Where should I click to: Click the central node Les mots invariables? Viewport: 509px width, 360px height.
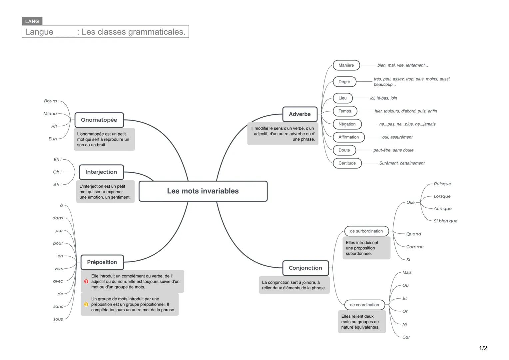tap(203, 191)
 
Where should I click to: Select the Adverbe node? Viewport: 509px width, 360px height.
tap(300, 114)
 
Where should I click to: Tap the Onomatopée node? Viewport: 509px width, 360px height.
tap(99, 120)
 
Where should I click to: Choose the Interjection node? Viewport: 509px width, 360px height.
tap(101, 172)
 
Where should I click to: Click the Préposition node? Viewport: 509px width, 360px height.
tap(102, 262)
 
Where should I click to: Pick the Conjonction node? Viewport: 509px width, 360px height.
tap(305, 268)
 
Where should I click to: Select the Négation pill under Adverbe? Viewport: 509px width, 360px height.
tap(347, 124)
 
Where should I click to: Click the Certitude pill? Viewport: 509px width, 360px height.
tap(347, 163)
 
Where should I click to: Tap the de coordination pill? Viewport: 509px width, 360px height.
tap(364, 305)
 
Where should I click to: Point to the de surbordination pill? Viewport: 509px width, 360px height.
tap(366, 231)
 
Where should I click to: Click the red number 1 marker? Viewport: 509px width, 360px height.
tap(86, 281)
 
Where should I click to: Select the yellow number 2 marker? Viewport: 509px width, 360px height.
tap(86, 304)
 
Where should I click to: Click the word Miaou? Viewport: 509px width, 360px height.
tap(50, 114)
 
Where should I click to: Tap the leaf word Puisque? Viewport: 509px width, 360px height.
tap(442, 184)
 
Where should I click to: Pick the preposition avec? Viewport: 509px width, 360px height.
tap(58, 281)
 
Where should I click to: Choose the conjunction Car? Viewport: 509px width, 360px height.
tap(406, 337)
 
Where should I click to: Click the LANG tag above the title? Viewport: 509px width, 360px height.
tap(32, 21)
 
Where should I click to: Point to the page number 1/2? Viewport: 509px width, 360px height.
tap(483, 348)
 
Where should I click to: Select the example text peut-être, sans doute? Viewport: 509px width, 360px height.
tap(393, 150)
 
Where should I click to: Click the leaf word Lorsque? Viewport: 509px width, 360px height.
tap(442, 196)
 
